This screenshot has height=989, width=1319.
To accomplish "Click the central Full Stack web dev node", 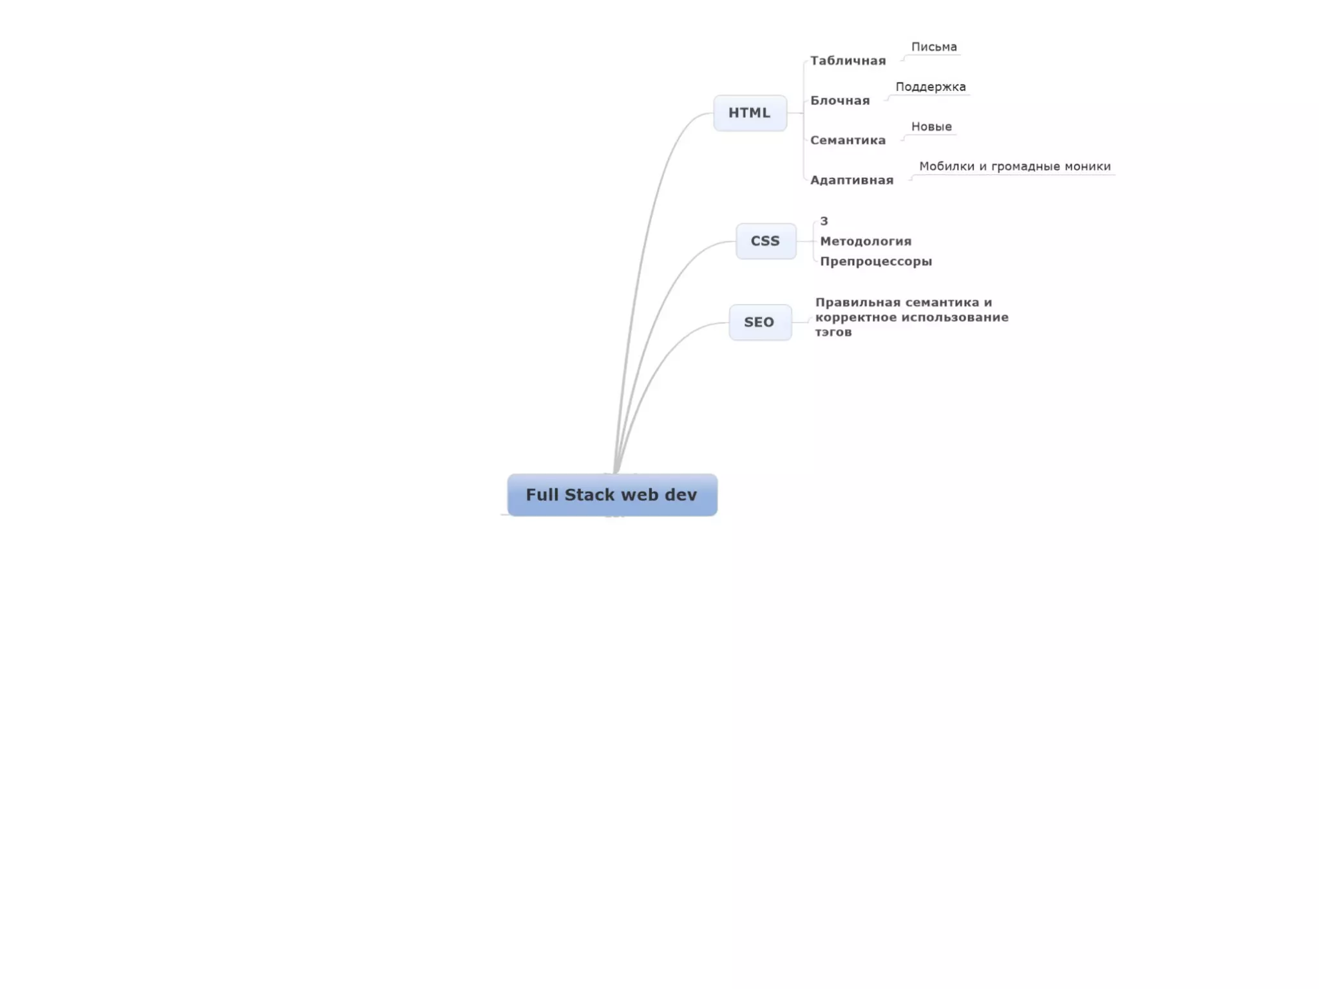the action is tap(612, 494).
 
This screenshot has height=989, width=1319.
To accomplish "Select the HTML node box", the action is tap(750, 113).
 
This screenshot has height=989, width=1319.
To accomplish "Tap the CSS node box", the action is tap(765, 241).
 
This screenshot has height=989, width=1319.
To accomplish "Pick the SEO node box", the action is tap(759, 322).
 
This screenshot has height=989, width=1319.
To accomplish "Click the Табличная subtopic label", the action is tap(848, 61).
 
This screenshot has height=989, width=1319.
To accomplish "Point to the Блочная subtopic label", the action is tap(840, 100).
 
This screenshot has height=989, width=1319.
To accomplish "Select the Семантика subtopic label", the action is tap(848, 140).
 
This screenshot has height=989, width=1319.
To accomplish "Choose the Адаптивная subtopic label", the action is tap(851, 180).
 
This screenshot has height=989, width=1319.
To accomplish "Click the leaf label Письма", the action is tap(934, 47).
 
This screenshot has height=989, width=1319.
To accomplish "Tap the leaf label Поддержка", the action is tap(931, 87).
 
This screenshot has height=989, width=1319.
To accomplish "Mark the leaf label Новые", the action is tap(931, 127).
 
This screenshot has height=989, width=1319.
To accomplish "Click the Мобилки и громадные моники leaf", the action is tap(1014, 167).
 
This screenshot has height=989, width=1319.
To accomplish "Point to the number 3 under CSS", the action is tap(824, 221).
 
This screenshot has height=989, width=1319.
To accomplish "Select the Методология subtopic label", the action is tap(866, 241).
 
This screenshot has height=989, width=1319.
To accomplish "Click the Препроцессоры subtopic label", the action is tap(876, 261).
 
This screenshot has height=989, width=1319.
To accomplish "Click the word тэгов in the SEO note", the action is tap(833, 332).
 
